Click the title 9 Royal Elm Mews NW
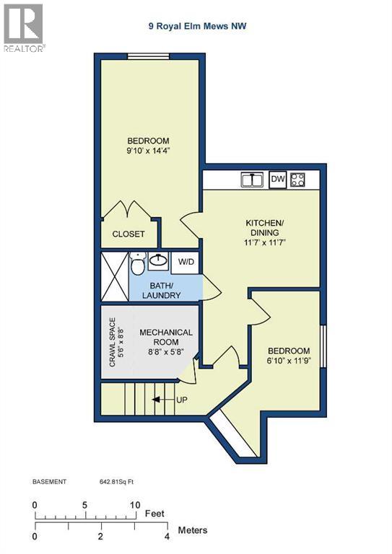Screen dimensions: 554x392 (196, 27)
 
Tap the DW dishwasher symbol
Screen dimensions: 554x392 (277, 179)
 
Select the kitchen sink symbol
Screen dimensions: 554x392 (251, 180)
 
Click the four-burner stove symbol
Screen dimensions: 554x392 (297, 180)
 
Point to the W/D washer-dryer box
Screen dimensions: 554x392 (186, 261)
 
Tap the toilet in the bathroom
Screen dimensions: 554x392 (137, 263)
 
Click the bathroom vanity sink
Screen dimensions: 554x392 (159, 260)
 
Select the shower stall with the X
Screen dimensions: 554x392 (113, 275)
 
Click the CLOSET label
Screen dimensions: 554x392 (128, 234)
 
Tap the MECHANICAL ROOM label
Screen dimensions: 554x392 (165, 338)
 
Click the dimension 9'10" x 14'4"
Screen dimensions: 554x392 (148, 151)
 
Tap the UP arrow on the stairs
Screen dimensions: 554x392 (166, 399)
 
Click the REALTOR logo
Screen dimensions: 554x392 (23, 28)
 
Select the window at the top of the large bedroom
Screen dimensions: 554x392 (149, 57)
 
